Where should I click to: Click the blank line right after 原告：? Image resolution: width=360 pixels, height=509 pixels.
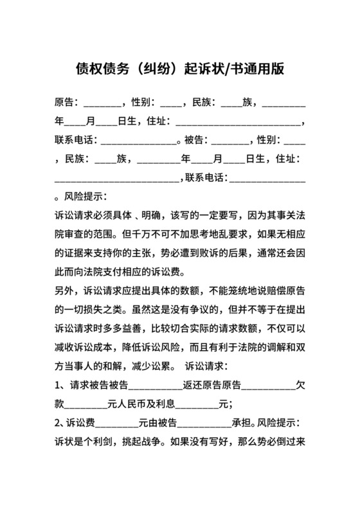point(102,103)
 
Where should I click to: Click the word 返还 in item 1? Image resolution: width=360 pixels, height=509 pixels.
point(194,386)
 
